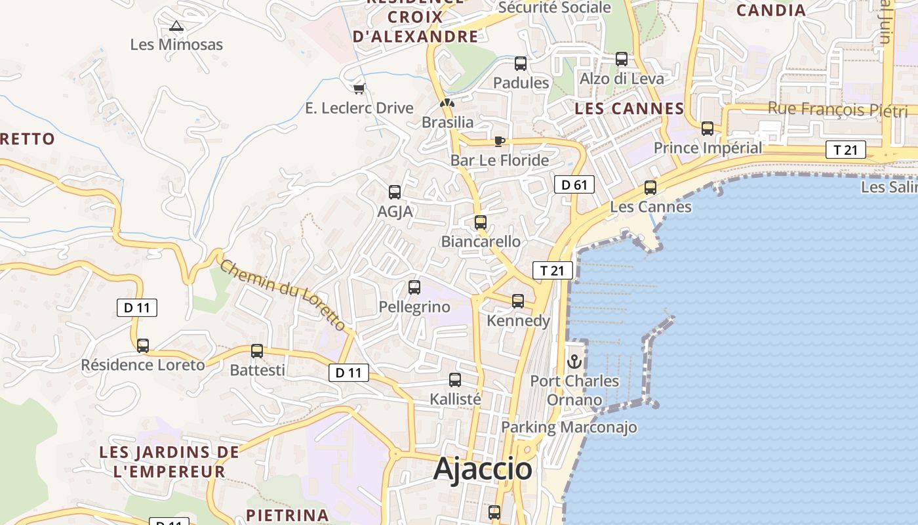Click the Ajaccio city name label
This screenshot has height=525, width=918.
click(483, 469)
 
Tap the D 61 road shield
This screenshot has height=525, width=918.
click(574, 185)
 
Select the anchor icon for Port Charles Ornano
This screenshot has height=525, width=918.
click(574, 362)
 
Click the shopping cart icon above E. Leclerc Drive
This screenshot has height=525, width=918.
click(359, 89)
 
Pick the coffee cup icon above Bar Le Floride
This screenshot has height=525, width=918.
click(500, 141)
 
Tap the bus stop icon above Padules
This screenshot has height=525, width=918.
click(521, 64)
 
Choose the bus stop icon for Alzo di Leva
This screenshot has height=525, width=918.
click(622, 59)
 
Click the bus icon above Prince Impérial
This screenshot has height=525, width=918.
click(708, 129)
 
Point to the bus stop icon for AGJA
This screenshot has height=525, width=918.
click(395, 192)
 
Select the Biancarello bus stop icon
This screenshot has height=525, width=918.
click(481, 222)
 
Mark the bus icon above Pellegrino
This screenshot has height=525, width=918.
click(414, 287)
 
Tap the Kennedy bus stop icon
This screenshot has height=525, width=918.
click(518, 301)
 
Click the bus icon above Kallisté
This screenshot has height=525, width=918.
click(455, 380)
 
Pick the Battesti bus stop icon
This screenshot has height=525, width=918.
click(257, 351)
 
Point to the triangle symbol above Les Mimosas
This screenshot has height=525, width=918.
click(176, 26)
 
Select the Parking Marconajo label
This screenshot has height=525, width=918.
click(569, 428)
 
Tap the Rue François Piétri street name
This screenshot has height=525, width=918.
click(837, 109)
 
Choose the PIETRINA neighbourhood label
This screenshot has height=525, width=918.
click(287, 514)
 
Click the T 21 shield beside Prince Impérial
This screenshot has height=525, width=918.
click(846, 150)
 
